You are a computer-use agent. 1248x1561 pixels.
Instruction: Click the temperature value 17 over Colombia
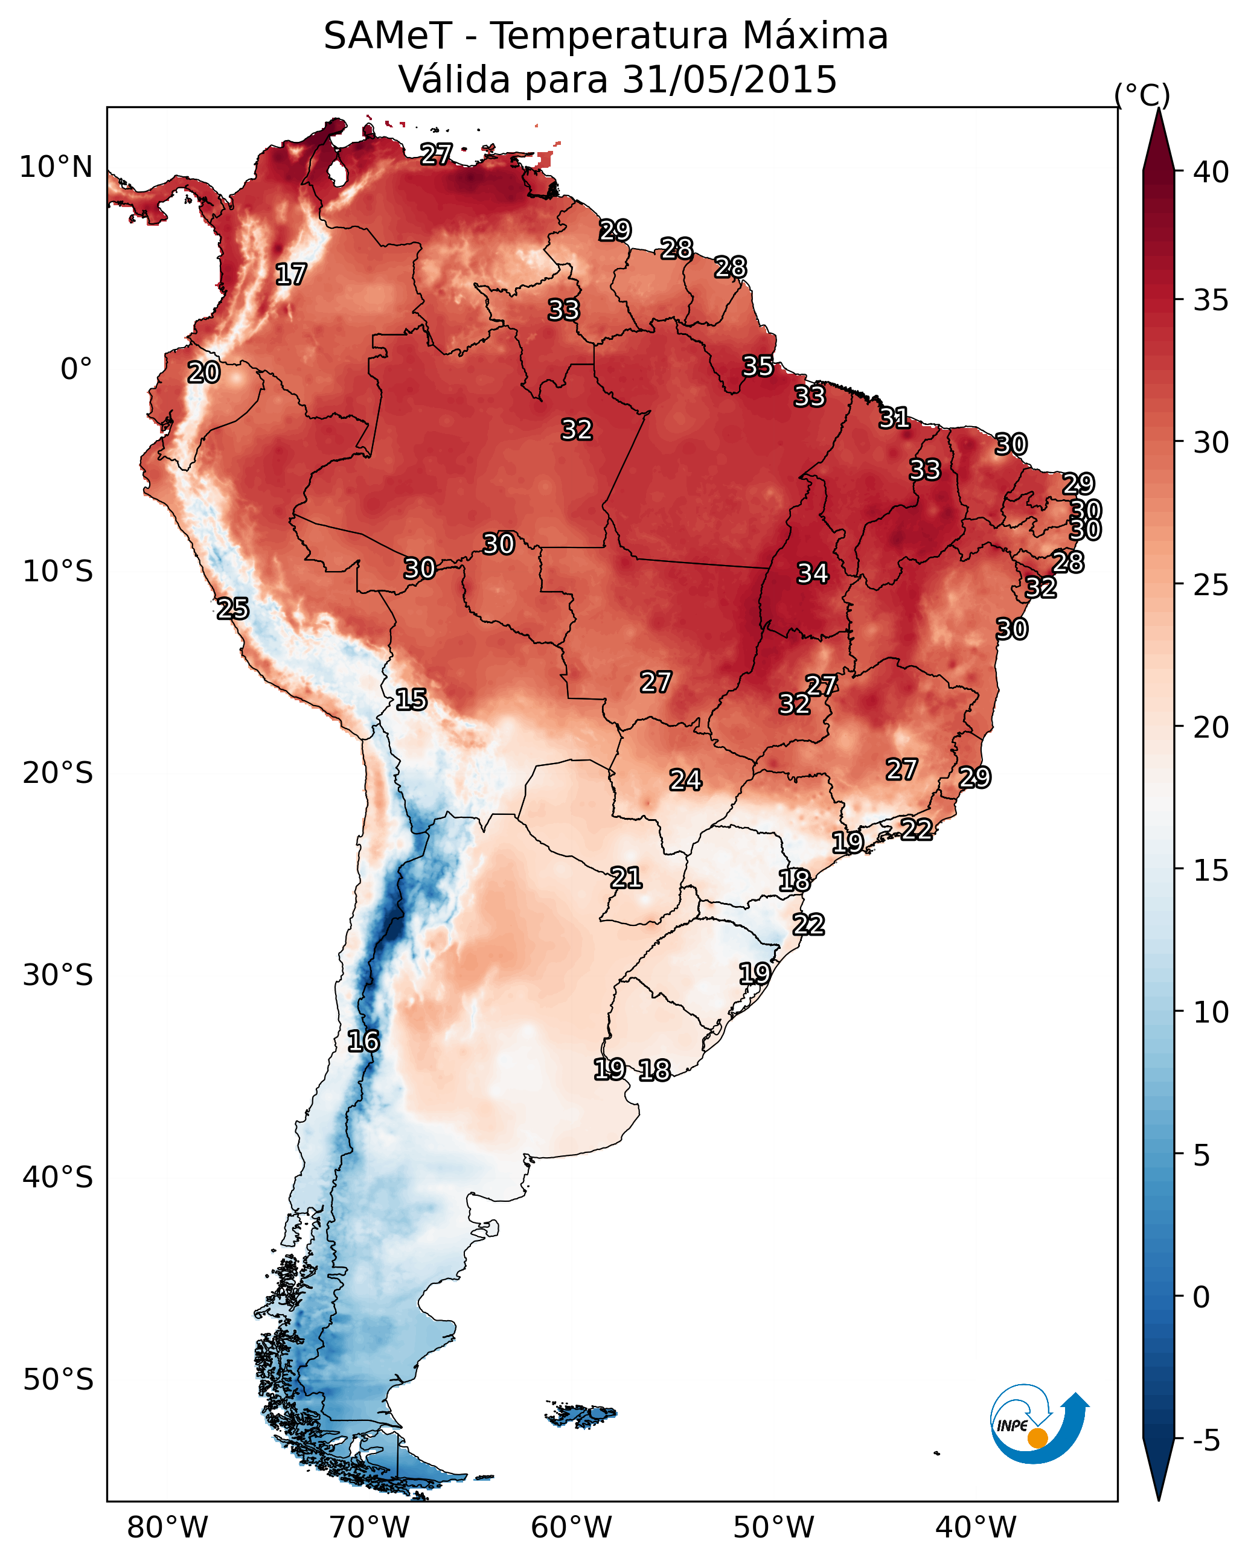[291, 275]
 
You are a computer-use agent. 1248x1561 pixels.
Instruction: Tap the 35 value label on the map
[758, 366]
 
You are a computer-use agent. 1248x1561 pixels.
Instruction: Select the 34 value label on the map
[813, 573]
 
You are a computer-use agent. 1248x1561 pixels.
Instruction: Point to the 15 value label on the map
[411, 700]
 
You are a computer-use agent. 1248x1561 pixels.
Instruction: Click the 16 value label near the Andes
[363, 1041]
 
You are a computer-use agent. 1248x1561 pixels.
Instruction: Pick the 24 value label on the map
[685, 780]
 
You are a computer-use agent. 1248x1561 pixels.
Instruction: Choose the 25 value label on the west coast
[232, 608]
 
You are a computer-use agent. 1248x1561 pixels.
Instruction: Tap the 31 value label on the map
[895, 418]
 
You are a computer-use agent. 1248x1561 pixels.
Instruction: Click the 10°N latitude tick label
[56, 167]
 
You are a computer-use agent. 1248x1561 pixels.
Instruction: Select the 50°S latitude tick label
[58, 1380]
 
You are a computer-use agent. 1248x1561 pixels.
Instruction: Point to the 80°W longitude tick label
[167, 1528]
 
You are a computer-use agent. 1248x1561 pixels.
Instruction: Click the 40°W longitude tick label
[976, 1528]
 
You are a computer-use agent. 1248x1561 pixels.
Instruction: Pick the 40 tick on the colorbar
[1211, 172]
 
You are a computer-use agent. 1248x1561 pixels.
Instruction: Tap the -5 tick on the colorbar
[1206, 1441]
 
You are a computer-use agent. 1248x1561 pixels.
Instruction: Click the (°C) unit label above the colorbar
[1142, 95]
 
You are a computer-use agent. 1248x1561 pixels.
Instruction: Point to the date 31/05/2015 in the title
[729, 80]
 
